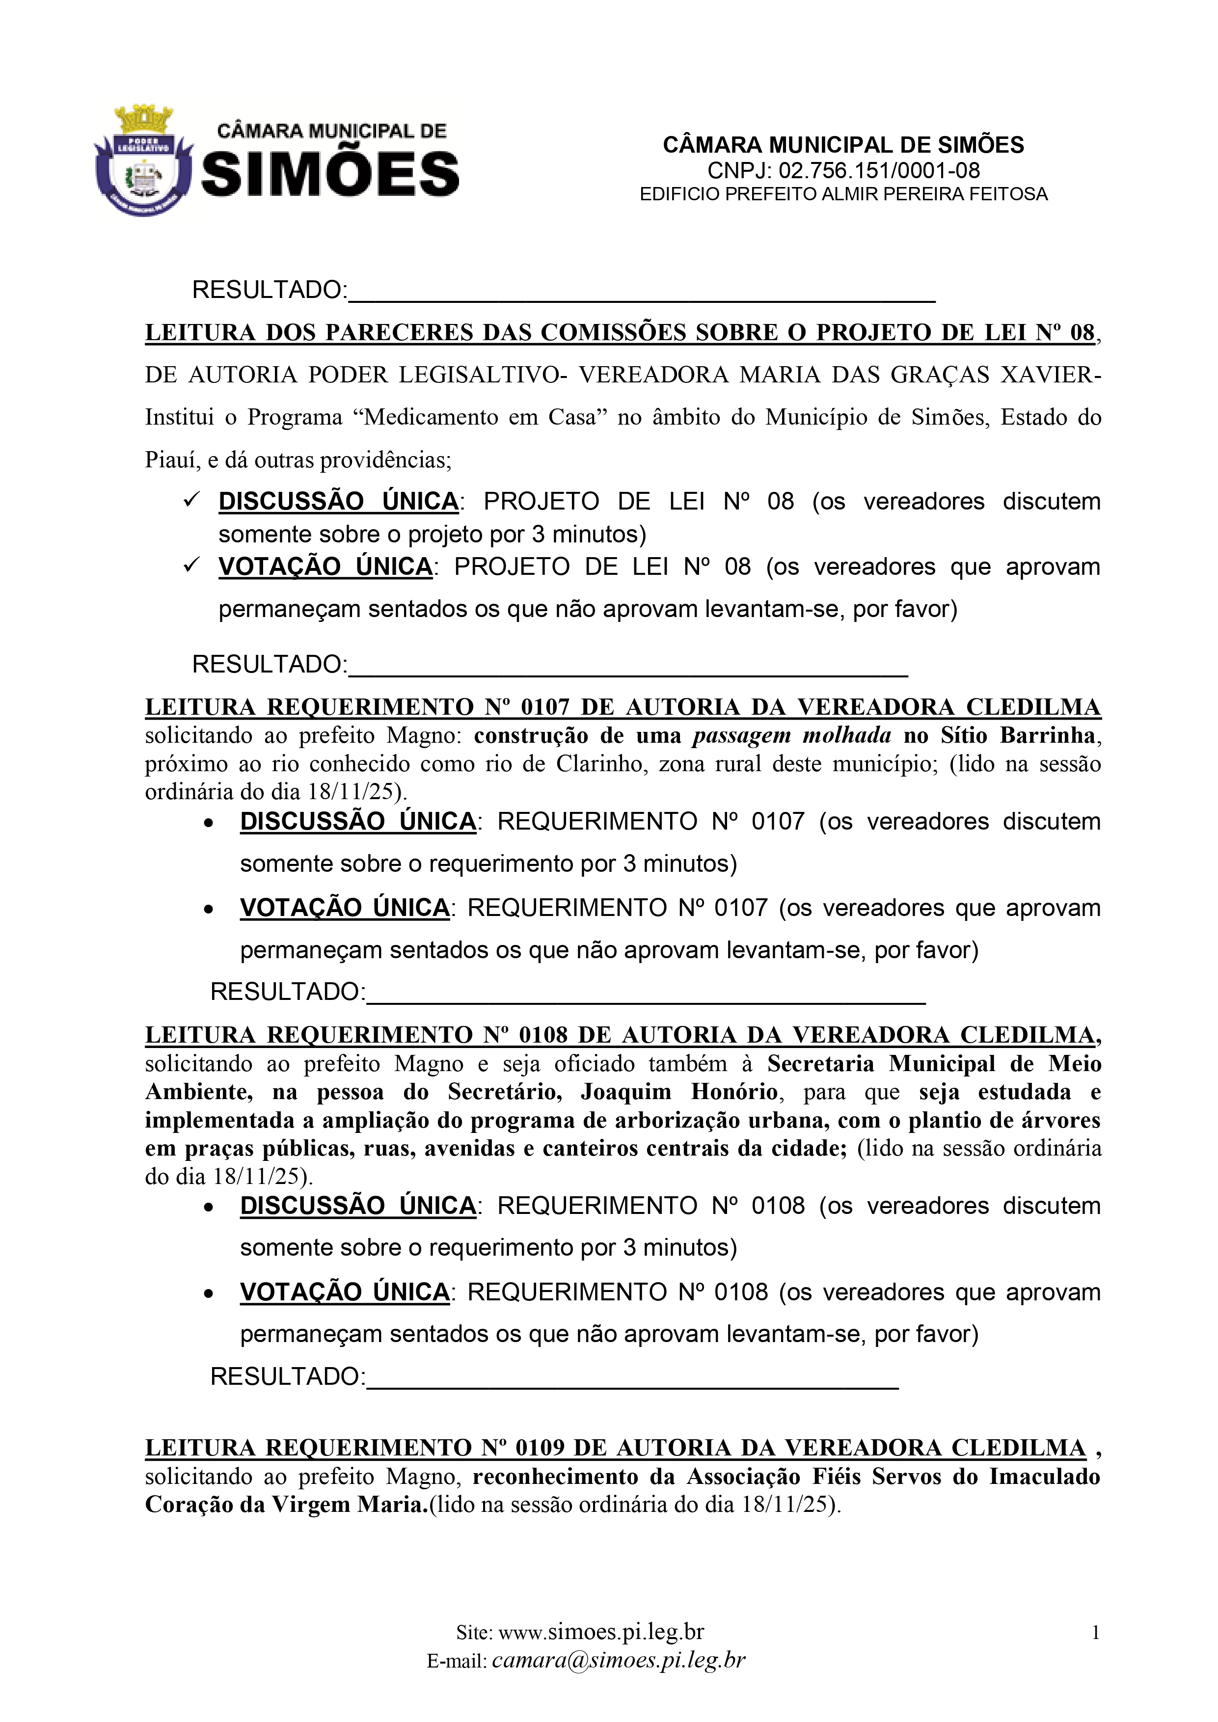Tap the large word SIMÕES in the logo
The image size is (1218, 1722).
point(330,174)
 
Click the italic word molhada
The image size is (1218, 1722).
point(847,736)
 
